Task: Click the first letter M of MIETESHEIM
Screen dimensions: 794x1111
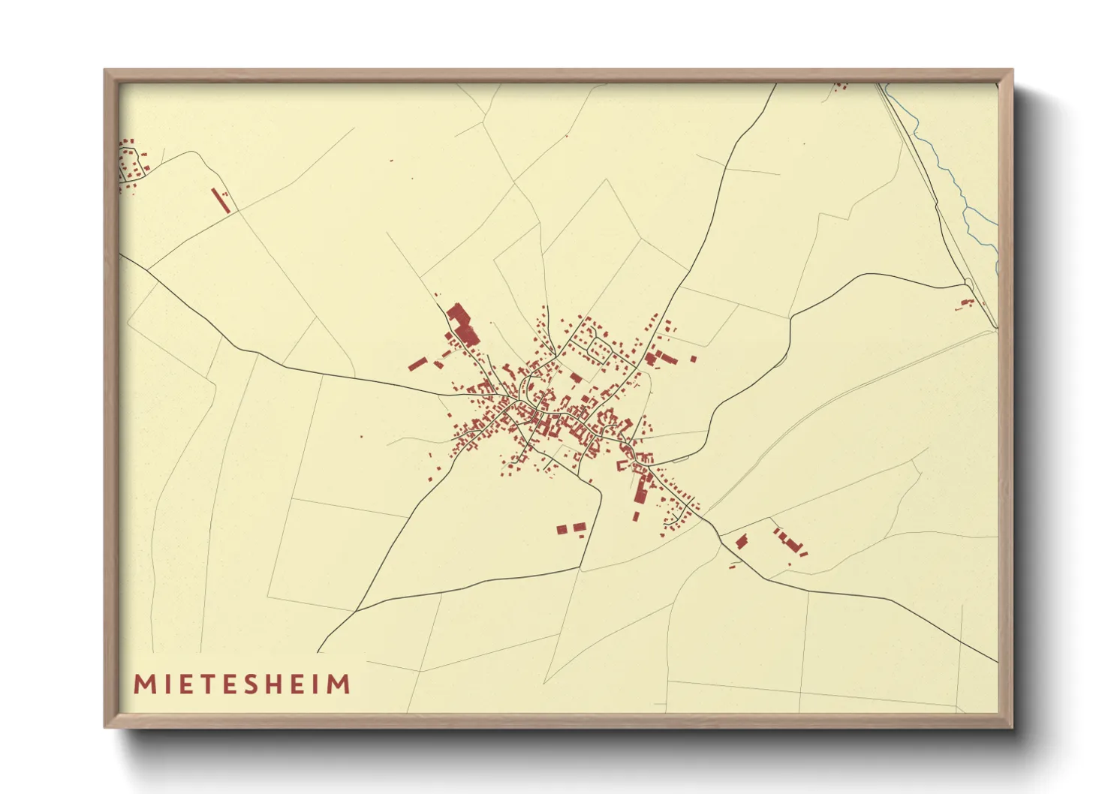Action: click(143, 684)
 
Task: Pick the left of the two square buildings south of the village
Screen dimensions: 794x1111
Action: click(562, 530)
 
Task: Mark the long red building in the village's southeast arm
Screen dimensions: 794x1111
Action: click(641, 489)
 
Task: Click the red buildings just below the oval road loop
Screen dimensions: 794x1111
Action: click(966, 303)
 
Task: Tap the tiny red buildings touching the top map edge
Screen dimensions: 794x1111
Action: click(841, 86)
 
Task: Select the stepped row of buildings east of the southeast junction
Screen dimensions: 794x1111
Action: click(789, 542)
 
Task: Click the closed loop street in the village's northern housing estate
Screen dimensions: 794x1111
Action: click(600, 347)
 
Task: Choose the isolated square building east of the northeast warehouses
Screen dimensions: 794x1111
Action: click(693, 359)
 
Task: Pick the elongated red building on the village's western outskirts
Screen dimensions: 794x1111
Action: click(417, 365)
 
